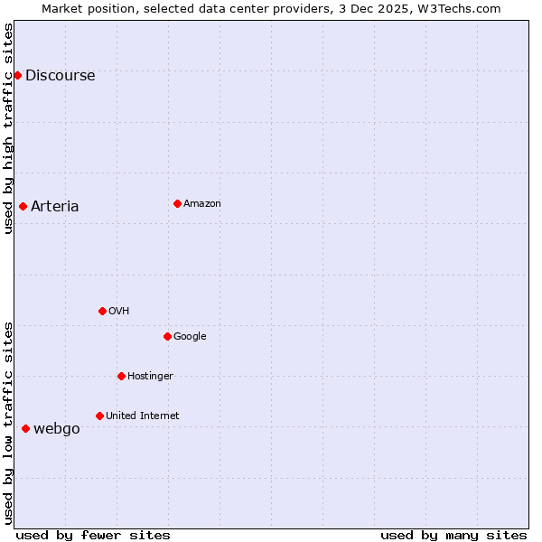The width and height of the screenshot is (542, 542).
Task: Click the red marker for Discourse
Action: pyautogui.click(x=17, y=75)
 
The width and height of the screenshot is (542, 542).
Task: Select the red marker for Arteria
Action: pyautogui.click(x=23, y=206)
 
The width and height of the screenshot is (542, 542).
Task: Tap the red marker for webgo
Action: pyautogui.click(x=25, y=428)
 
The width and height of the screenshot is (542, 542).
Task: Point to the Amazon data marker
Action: pyautogui.click(x=177, y=203)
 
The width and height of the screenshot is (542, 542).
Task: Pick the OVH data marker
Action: pyautogui.click(x=102, y=311)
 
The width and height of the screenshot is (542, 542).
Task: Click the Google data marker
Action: pyautogui.click(x=167, y=336)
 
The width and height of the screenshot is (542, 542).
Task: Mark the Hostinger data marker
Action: pyautogui.click(x=121, y=376)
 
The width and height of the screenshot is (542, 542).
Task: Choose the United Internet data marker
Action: pyautogui.click(x=99, y=416)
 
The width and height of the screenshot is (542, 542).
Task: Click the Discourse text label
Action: pyautogui.click(x=61, y=75)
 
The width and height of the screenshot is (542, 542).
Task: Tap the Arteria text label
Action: pyautogui.click(x=55, y=206)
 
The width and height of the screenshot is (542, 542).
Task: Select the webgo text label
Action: pyautogui.click(x=57, y=428)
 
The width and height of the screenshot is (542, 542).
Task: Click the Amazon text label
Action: pyautogui.click(x=202, y=203)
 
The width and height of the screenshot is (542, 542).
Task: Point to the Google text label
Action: pyautogui.click(x=190, y=336)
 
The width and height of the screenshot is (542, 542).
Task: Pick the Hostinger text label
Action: pyautogui.click(x=150, y=376)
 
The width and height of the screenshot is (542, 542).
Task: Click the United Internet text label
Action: pyautogui.click(x=143, y=416)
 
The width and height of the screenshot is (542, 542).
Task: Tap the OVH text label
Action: pyautogui.click(x=118, y=311)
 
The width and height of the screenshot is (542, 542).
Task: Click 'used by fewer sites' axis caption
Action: pyautogui.click(x=93, y=535)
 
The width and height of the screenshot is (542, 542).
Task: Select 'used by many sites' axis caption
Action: pyautogui.click(x=453, y=535)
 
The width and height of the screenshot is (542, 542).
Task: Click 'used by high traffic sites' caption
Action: pyautogui.click(x=8, y=128)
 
